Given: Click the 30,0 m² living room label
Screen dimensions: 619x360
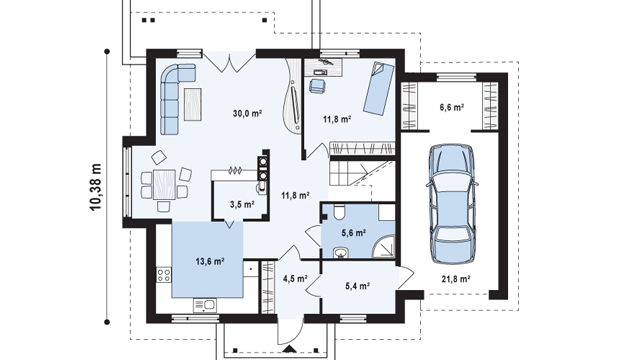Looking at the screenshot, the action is (x=248, y=114).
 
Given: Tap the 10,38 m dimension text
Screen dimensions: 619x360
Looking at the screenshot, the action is (x=96, y=187).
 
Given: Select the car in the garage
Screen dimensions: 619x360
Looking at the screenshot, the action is (x=452, y=204).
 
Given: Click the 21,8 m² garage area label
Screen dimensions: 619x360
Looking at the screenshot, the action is (x=456, y=279).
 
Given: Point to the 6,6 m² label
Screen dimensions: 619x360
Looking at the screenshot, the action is (x=452, y=107).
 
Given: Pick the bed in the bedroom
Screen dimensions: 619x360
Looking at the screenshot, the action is (x=379, y=88).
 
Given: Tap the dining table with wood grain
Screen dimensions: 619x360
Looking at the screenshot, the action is (x=164, y=184).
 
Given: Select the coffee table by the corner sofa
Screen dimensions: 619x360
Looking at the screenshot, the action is (x=193, y=104).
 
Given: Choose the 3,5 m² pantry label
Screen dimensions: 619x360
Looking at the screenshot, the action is (x=242, y=204).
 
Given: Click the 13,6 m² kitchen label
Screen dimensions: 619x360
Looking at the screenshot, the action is (x=210, y=261).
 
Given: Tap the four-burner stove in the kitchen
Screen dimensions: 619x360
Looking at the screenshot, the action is (x=164, y=275).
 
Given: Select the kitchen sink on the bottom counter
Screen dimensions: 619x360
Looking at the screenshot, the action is (x=205, y=305).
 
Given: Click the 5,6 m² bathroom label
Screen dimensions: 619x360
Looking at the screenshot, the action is (x=353, y=233).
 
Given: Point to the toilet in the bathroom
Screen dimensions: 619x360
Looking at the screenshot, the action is (x=339, y=211).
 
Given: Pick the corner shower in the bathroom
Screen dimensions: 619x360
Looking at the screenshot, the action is (x=384, y=247).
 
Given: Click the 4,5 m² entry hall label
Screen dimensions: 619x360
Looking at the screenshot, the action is (x=295, y=279).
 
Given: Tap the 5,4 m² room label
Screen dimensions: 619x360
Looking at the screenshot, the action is (x=357, y=286).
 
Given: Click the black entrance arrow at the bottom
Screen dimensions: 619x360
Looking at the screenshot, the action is (x=290, y=349).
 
